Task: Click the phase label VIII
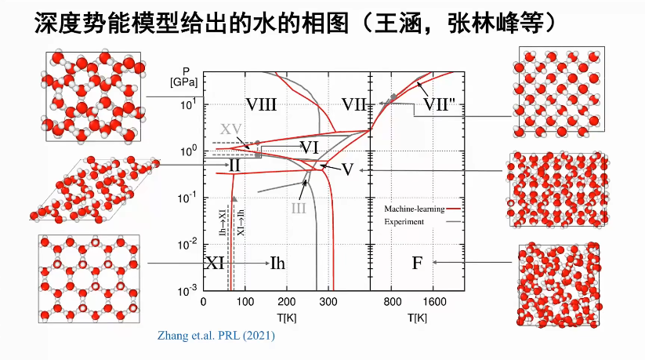click(261, 105)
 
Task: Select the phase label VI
click(309, 147)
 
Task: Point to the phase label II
click(234, 165)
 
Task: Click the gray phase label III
click(298, 208)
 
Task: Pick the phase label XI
click(216, 263)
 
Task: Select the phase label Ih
click(277, 263)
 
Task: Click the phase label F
click(417, 263)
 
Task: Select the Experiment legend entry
click(404, 222)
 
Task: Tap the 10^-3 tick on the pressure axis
click(187, 291)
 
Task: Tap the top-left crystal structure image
click(93, 96)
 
